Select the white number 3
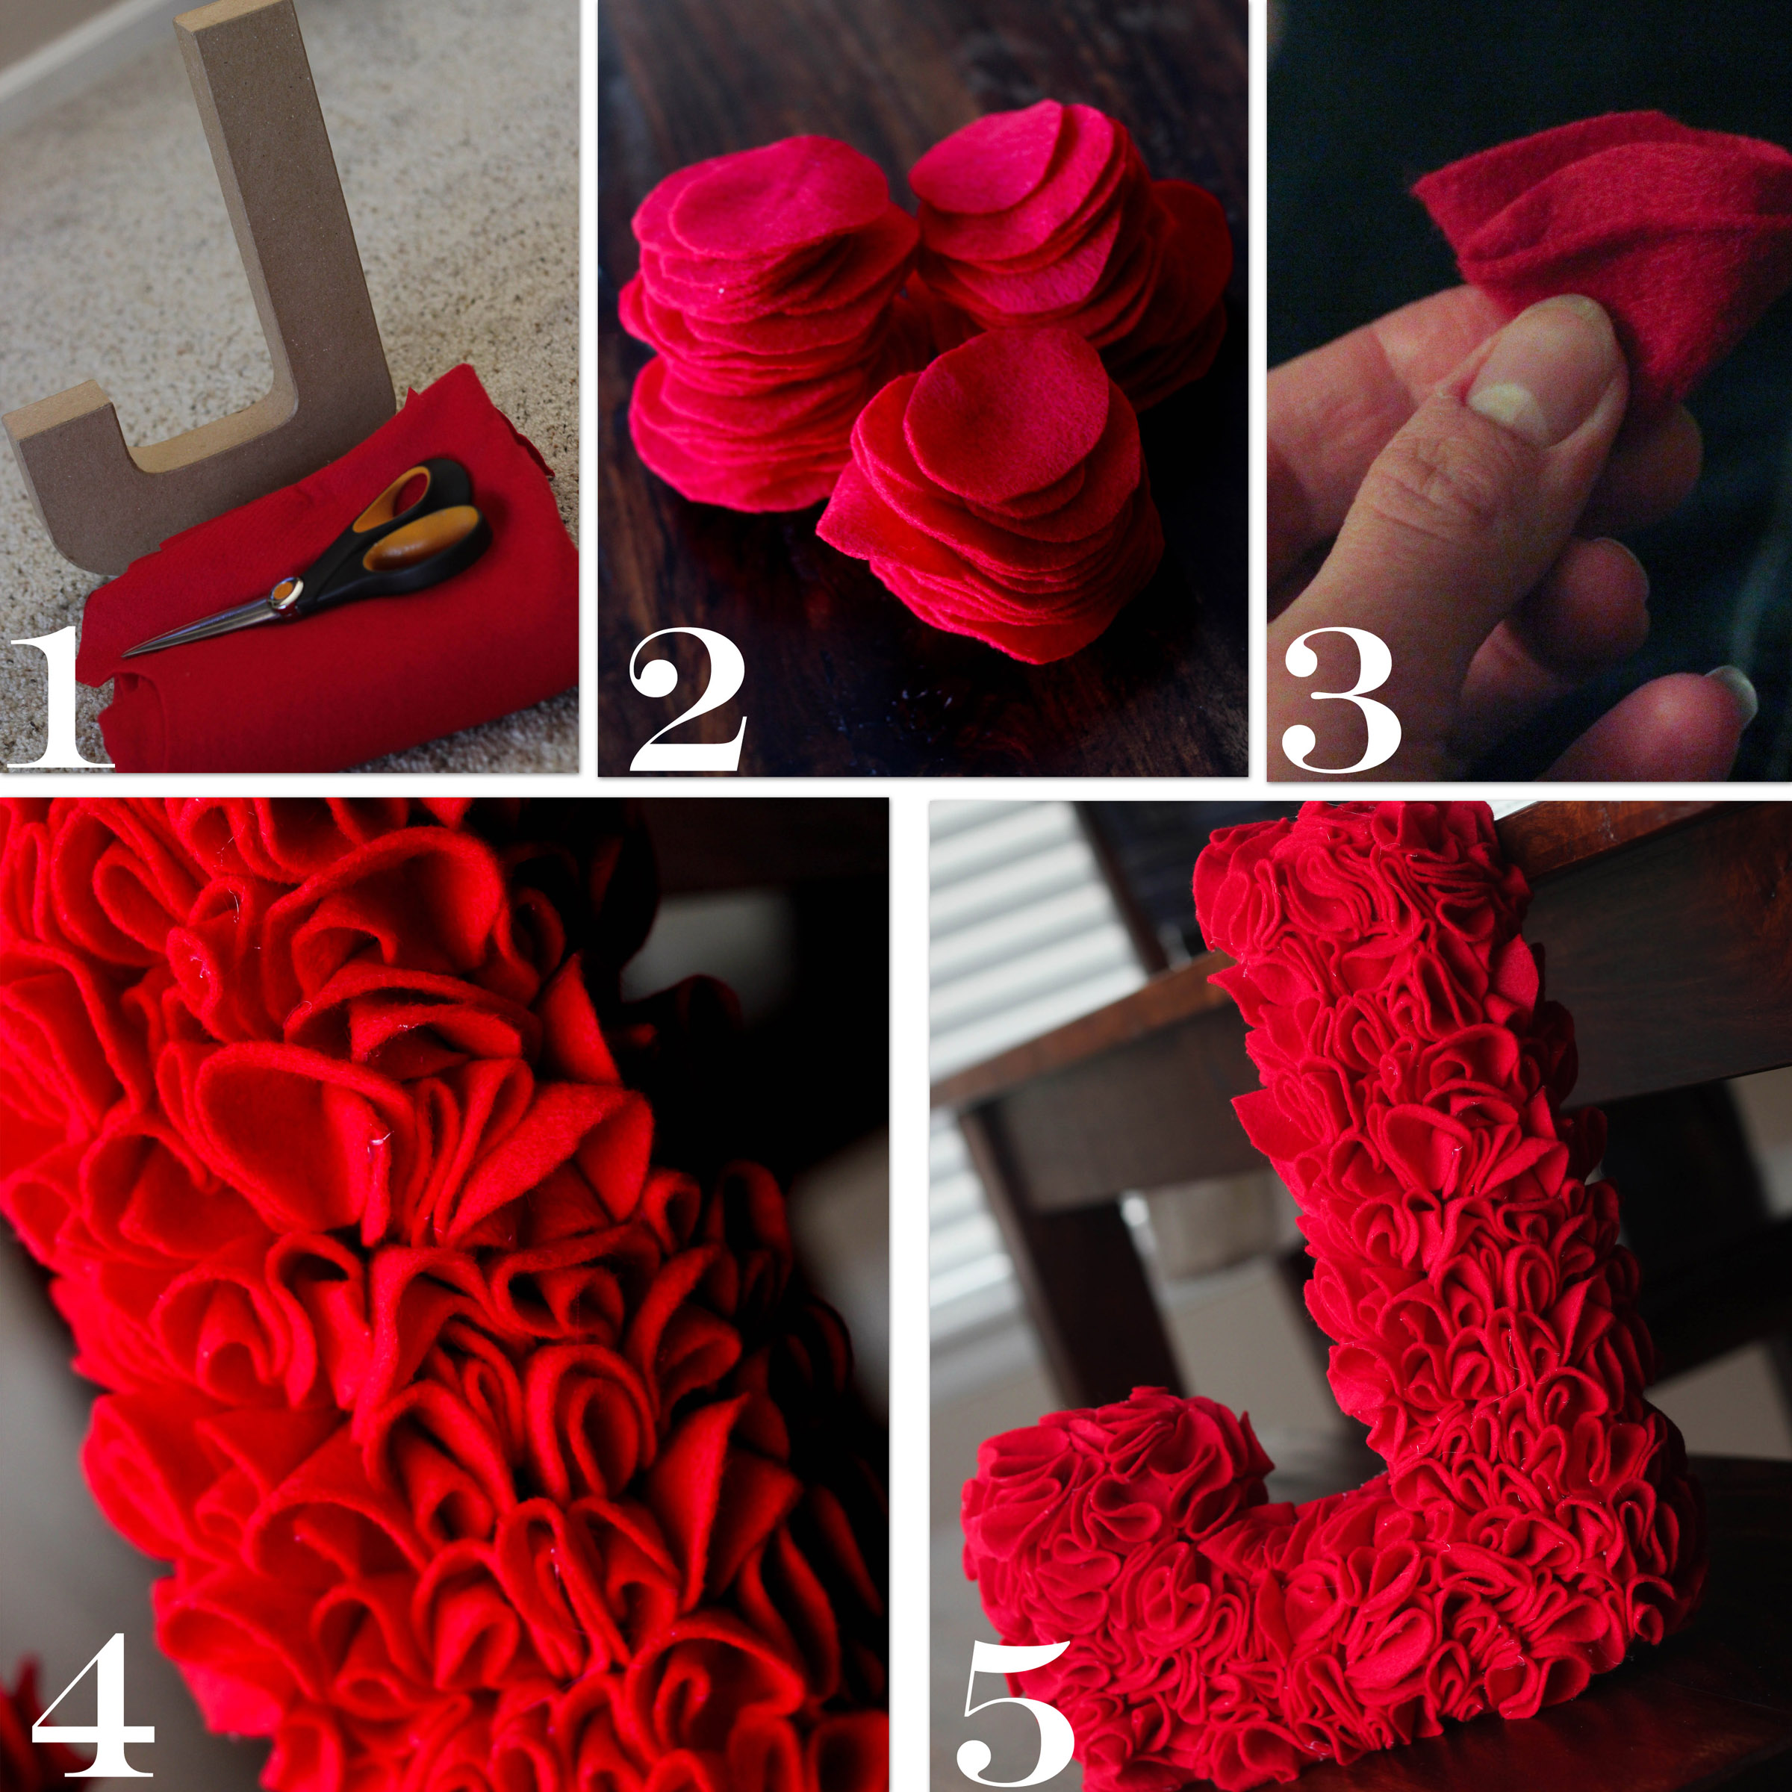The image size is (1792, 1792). pyautogui.click(x=1341, y=700)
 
